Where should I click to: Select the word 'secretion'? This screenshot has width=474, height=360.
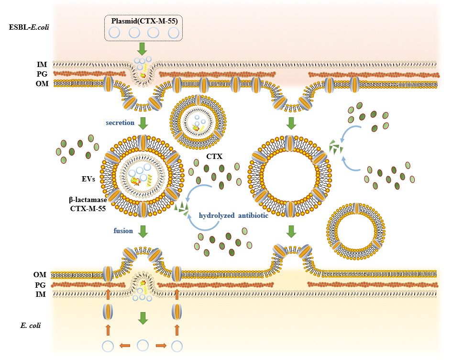(x=120, y=123)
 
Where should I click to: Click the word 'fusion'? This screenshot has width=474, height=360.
(x=123, y=230)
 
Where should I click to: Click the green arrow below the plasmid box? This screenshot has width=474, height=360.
(x=143, y=48)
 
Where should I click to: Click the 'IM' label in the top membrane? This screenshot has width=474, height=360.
(x=42, y=64)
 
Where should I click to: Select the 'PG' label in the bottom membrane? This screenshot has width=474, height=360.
(x=41, y=285)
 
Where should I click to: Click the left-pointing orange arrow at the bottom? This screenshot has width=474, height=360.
(x=125, y=346)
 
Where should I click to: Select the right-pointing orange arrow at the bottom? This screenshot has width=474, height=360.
(x=160, y=346)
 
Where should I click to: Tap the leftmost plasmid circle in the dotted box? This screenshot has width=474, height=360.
(x=114, y=32)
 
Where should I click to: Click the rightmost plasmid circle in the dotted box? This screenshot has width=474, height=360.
(x=173, y=32)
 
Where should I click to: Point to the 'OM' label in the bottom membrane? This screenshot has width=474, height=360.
(x=41, y=275)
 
